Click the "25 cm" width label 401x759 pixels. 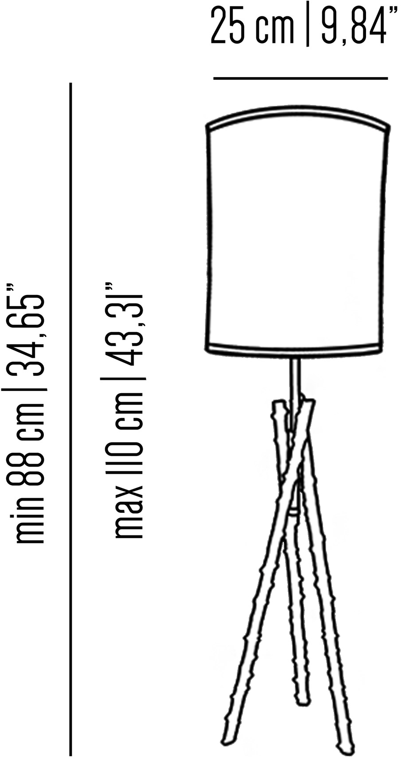pos(253,24)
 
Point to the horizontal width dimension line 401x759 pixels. pos(301,78)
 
